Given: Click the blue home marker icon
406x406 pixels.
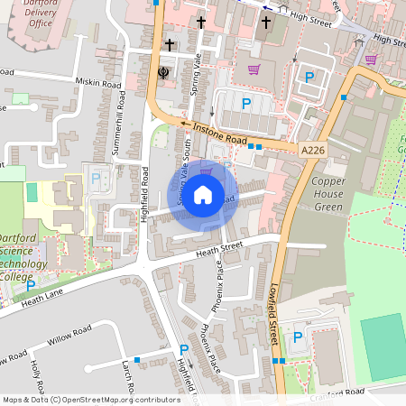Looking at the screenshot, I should click(203, 194).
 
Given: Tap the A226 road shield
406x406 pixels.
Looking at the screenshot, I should click(313, 150).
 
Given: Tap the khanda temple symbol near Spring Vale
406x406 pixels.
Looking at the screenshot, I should click(163, 72).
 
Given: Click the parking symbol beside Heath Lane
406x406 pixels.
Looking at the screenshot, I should click(31, 285).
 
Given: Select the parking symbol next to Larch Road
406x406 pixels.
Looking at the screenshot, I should click(184, 349).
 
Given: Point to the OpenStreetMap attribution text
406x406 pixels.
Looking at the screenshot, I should click(91, 399).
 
